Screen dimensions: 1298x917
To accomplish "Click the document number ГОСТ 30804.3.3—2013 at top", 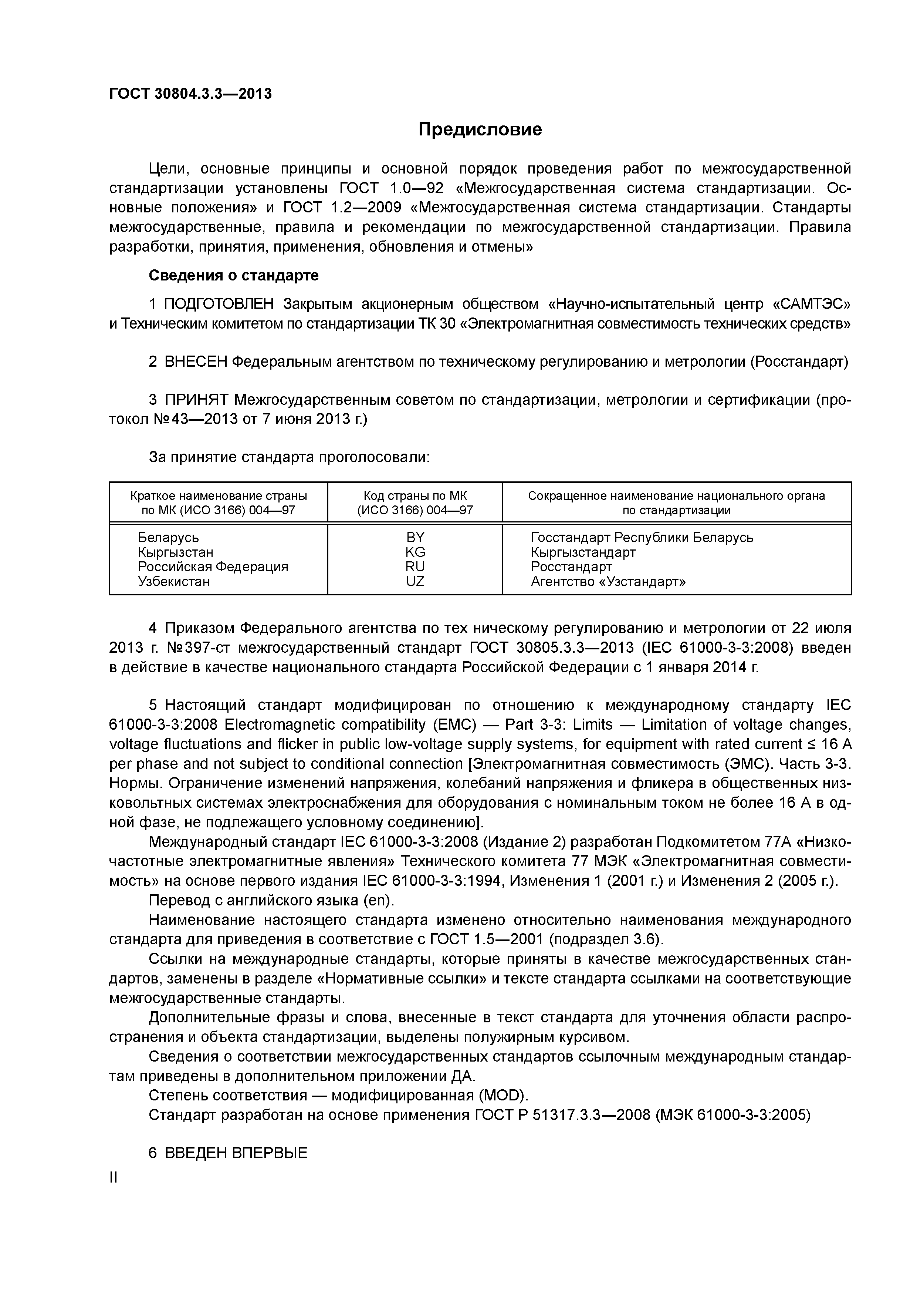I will coord(190,93).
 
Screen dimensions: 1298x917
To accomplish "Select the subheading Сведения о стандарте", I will coord(233,275).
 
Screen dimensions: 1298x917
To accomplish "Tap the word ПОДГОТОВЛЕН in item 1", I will coord(219,304).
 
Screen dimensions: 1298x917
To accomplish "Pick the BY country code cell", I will coord(415,537).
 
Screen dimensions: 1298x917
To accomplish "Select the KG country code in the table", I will coord(415,552).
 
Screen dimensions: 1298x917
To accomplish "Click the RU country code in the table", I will coord(415,566).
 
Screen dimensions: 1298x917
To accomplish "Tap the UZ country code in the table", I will coord(415,581).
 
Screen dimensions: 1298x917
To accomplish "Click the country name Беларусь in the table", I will coord(168,537).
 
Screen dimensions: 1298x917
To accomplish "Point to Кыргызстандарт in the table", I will coord(583,552).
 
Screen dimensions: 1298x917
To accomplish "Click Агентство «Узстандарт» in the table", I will coord(608,581).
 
